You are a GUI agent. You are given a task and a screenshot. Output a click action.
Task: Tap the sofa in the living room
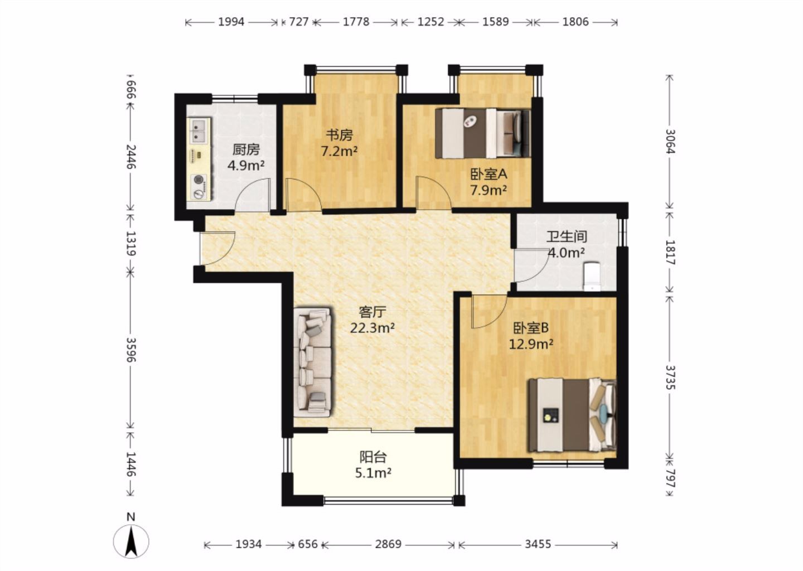(312, 362)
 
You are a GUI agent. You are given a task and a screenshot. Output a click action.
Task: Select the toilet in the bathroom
(592, 277)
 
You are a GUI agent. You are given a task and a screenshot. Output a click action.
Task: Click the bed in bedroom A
(482, 133)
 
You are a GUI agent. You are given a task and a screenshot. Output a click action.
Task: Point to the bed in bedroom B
(572, 415)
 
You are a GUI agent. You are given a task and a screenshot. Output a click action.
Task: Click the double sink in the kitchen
(198, 130)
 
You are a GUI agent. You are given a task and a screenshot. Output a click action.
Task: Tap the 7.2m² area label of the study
(339, 151)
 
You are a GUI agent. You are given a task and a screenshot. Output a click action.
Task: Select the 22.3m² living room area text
(373, 328)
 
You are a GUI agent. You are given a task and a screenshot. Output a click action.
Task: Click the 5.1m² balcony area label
(373, 473)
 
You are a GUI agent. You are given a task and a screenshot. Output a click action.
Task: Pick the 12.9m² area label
(531, 344)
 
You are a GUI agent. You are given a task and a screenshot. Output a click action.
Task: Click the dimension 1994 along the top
(231, 22)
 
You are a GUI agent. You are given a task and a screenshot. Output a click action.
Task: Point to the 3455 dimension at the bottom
(538, 544)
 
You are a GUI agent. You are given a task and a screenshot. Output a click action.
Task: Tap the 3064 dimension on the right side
(670, 141)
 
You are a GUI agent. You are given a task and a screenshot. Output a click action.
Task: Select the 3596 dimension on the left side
(130, 350)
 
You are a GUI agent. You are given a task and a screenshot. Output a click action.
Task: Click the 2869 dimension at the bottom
(388, 544)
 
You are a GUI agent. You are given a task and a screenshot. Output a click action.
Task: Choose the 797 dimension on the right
(670, 478)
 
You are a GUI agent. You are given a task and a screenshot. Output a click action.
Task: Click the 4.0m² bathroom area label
(567, 253)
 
